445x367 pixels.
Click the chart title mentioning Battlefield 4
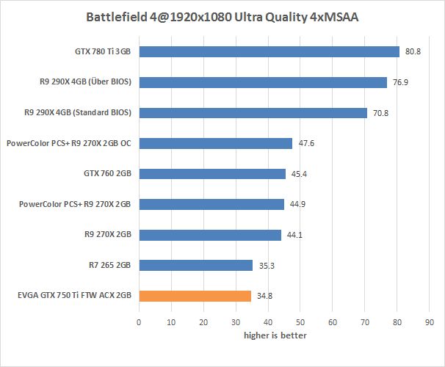pos(222,16)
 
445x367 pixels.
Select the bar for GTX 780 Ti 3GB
pos(269,52)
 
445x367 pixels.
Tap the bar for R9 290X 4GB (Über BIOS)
pos(262,82)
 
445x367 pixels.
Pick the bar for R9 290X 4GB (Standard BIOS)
pos(253,113)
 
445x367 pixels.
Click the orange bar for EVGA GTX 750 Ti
pos(195,296)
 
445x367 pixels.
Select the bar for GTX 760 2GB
pos(211,174)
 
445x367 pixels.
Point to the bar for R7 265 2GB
pos(195,265)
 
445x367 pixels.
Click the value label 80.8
pos(413,52)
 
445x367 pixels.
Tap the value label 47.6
pos(307,144)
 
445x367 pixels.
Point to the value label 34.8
pos(266,297)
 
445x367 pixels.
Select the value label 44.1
pos(295,235)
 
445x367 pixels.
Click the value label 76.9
pos(400,83)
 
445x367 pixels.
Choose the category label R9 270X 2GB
pos(108,235)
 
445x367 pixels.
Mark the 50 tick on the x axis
pos(300,321)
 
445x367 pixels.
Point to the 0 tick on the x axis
pos(139,321)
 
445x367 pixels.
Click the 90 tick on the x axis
pos(430,321)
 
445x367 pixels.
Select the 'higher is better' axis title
pos(275,335)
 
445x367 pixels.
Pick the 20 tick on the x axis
pos(203,321)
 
